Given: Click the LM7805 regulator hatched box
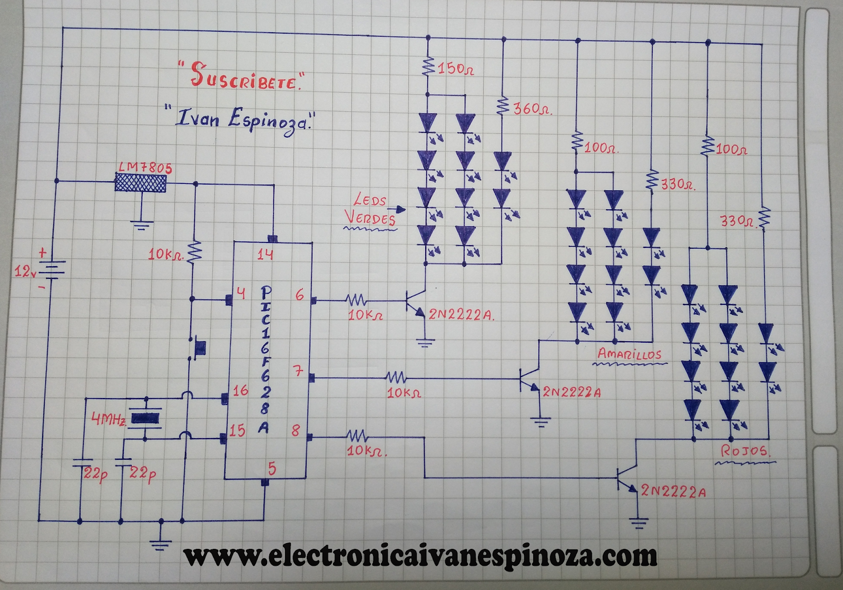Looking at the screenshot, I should pyautogui.click(x=141, y=183).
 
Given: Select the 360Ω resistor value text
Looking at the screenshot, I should pyautogui.click(x=532, y=109).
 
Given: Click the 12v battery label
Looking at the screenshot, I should pyautogui.click(x=25, y=272).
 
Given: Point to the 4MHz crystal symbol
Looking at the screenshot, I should pyautogui.click(x=145, y=418).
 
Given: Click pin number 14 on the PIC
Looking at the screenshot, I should pyautogui.click(x=265, y=255).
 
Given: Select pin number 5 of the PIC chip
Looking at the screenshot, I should pyautogui.click(x=272, y=468).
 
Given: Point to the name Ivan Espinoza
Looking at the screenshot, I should pyautogui.click(x=242, y=120).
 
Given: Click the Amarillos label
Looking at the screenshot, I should pyautogui.click(x=630, y=354).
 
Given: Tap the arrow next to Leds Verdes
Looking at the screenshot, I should pyautogui.click(x=400, y=209).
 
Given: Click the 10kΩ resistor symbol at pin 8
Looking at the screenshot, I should pyautogui.click(x=357, y=436).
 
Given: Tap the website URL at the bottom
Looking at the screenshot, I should pyautogui.click(x=420, y=556).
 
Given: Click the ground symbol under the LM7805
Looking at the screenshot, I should pyautogui.click(x=142, y=225).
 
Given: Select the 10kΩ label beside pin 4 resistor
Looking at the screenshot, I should pyautogui.click(x=165, y=255).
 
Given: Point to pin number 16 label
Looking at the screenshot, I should pyautogui.click(x=240, y=391).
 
